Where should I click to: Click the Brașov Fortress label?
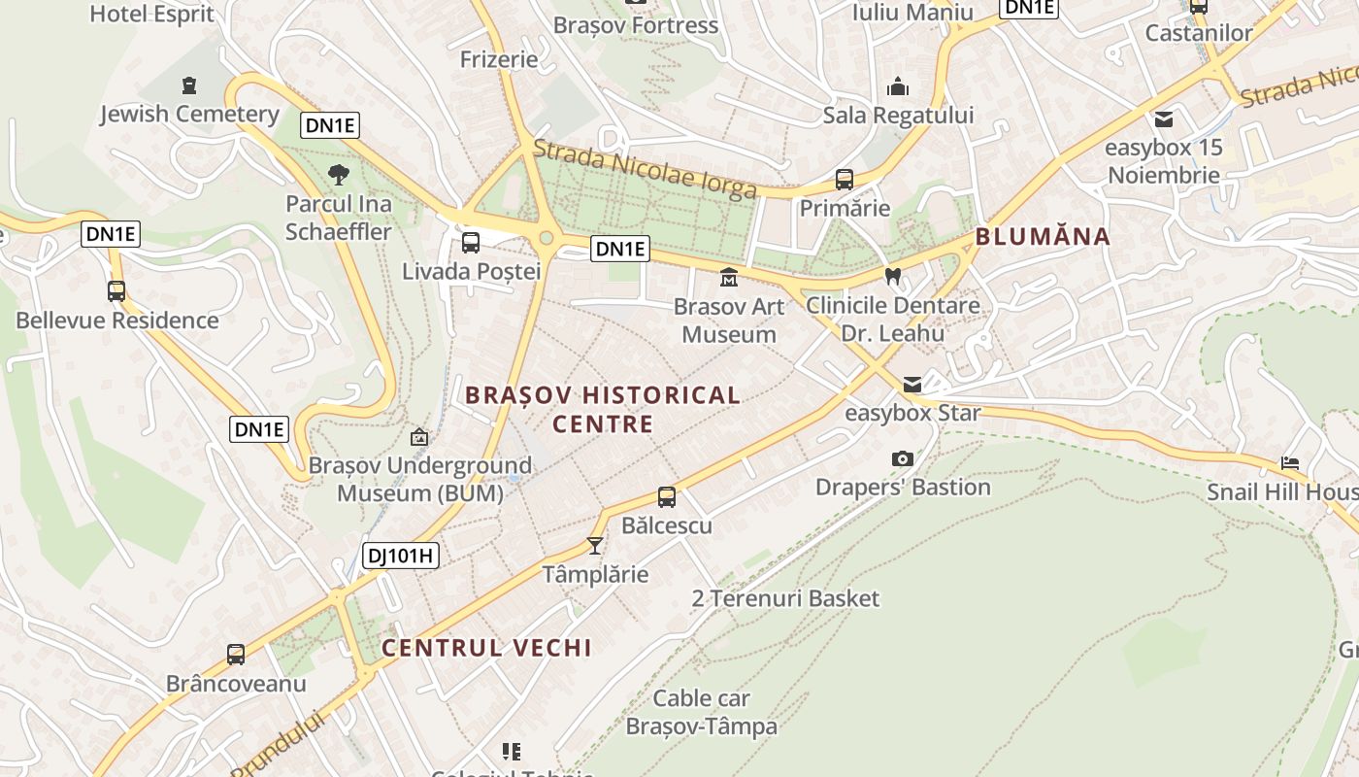(636, 25)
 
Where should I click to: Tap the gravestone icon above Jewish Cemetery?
(189, 85)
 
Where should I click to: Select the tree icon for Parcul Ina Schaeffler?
(338, 175)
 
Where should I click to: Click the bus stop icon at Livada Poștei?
(471, 243)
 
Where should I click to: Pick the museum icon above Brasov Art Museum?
(728, 279)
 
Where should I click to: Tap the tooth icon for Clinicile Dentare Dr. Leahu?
(894, 276)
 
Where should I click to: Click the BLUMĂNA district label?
(1043, 236)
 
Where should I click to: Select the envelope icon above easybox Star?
(912, 385)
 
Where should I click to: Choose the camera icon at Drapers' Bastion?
(903, 458)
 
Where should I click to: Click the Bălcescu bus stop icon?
(667, 497)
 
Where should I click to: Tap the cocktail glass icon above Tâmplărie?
(595, 546)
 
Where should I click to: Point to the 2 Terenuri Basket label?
(784, 598)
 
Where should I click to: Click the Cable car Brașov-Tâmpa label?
(702, 712)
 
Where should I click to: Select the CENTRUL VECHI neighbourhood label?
(486, 648)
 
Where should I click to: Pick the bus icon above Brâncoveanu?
(236, 655)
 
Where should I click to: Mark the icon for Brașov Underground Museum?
(419, 437)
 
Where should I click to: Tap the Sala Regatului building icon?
(898, 87)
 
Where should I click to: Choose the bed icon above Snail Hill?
(1289, 463)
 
